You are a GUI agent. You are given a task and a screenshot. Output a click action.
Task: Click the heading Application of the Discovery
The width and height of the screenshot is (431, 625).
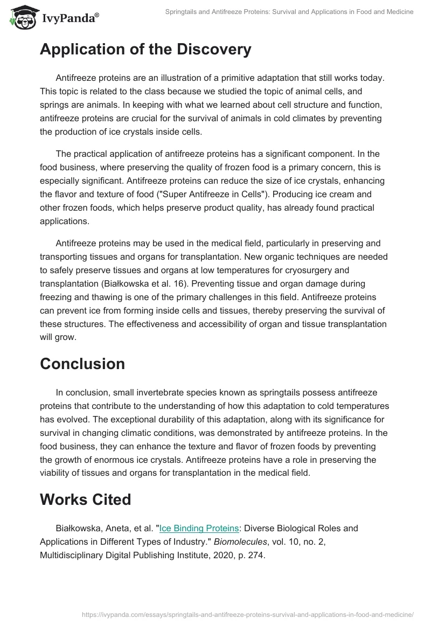[x=145, y=50]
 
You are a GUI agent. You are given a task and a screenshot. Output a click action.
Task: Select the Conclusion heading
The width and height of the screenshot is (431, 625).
[x=82, y=364]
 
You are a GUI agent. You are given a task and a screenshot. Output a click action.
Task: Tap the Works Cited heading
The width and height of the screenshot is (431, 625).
[x=85, y=499]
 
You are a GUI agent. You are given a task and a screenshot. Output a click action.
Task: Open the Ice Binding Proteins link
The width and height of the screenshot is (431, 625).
[x=199, y=529]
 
